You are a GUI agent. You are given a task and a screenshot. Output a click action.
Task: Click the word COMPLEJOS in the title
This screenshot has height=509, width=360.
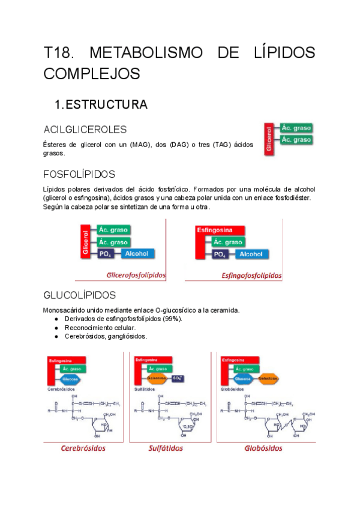92,74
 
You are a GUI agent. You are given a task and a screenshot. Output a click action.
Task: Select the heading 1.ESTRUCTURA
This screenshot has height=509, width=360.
101,105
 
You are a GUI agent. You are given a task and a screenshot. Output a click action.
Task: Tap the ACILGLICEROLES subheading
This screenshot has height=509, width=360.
85,130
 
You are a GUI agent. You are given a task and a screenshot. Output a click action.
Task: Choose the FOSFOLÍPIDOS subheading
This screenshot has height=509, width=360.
79,175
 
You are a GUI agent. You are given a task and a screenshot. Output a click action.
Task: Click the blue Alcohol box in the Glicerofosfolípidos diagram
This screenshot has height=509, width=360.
137,254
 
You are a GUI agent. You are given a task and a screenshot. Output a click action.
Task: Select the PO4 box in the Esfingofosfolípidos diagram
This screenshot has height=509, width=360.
220,254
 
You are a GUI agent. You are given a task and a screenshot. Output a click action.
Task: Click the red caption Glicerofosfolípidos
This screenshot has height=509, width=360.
136,276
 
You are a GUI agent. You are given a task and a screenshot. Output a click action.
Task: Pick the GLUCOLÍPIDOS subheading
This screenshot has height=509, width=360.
80,296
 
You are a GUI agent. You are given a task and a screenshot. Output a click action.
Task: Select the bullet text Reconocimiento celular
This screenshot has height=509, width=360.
100,328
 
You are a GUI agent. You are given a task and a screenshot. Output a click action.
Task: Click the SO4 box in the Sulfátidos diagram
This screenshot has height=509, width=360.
178,379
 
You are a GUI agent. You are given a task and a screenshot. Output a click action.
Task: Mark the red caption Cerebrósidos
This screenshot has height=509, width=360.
83,448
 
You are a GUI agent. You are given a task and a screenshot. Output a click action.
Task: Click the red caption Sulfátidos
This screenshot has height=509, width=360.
166,448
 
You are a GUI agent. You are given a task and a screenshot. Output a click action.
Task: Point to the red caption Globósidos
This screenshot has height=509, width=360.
263,448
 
